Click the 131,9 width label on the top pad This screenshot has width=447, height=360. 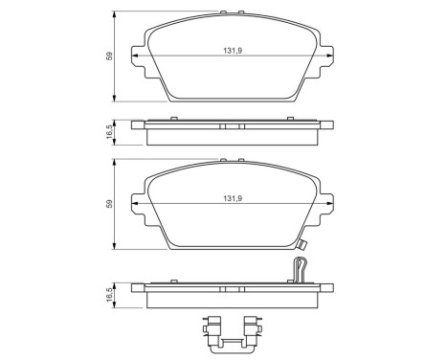[233, 51]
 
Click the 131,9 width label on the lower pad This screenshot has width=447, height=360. [233, 198]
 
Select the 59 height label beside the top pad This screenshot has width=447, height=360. [109, 56]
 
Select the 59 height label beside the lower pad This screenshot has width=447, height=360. [109, 204]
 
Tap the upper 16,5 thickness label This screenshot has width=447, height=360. [109, 132]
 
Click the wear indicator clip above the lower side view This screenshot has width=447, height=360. [299, 270]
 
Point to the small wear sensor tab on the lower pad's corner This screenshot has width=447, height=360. [302, 245]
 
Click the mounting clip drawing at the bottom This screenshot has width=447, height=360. [232, 334]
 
